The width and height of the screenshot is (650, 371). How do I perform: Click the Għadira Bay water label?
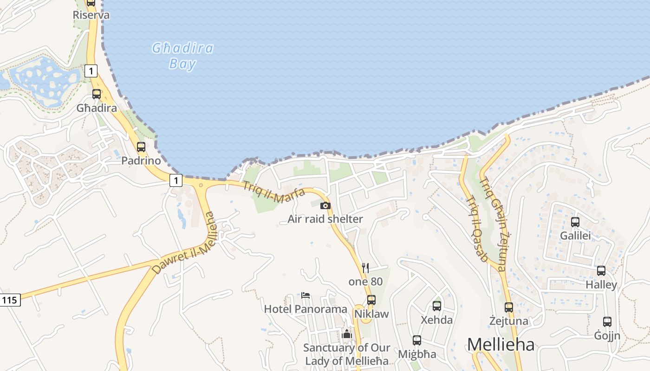coord(183,56)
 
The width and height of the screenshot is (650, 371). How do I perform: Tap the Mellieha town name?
coord(500,345)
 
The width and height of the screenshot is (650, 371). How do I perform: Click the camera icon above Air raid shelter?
coord(325,205)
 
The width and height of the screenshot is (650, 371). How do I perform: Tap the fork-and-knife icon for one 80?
coord(365,268)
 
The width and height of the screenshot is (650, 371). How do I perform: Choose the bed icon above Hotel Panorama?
coord(305,295)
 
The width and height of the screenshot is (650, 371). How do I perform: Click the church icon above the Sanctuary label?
coord(347,334)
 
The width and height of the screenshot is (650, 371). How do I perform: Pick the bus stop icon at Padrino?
coord(141,147)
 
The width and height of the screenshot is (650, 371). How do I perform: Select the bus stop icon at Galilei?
coord(575,222)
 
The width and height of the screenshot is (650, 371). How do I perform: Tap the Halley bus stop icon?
coord(601,271)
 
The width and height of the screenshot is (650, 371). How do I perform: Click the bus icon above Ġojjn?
coord(607,321)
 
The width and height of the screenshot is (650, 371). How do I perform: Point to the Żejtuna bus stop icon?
coord(509,307)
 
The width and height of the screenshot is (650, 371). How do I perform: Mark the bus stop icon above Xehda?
coord(437,306)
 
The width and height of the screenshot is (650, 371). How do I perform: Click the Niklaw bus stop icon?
coord(371,300)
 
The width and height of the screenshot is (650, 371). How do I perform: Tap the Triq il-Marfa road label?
coord(274,192)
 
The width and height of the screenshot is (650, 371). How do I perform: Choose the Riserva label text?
coord(91,15)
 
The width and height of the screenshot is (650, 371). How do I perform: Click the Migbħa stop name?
coord(417,354)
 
